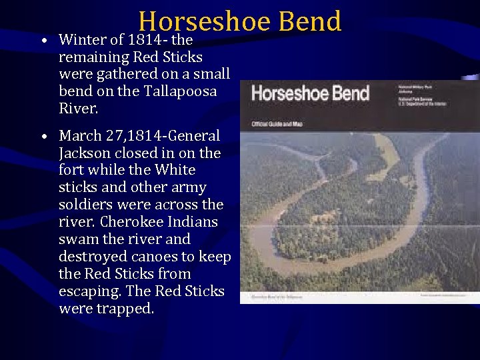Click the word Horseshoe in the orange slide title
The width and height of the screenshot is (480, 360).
pyautogui.click(x=205, y=21)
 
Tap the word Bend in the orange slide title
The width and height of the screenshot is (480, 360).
pyautogui.click(x=310, y=21)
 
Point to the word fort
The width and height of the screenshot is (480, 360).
pyautogui.click(x=71, y=170)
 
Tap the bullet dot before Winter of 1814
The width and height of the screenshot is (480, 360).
pyautogui.click(x=43, y=41)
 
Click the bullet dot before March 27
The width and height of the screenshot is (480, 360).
pyautogui.click(x=43, y=137)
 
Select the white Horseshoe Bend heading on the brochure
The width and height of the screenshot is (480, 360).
pyautogui.click(x=309, y=93)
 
